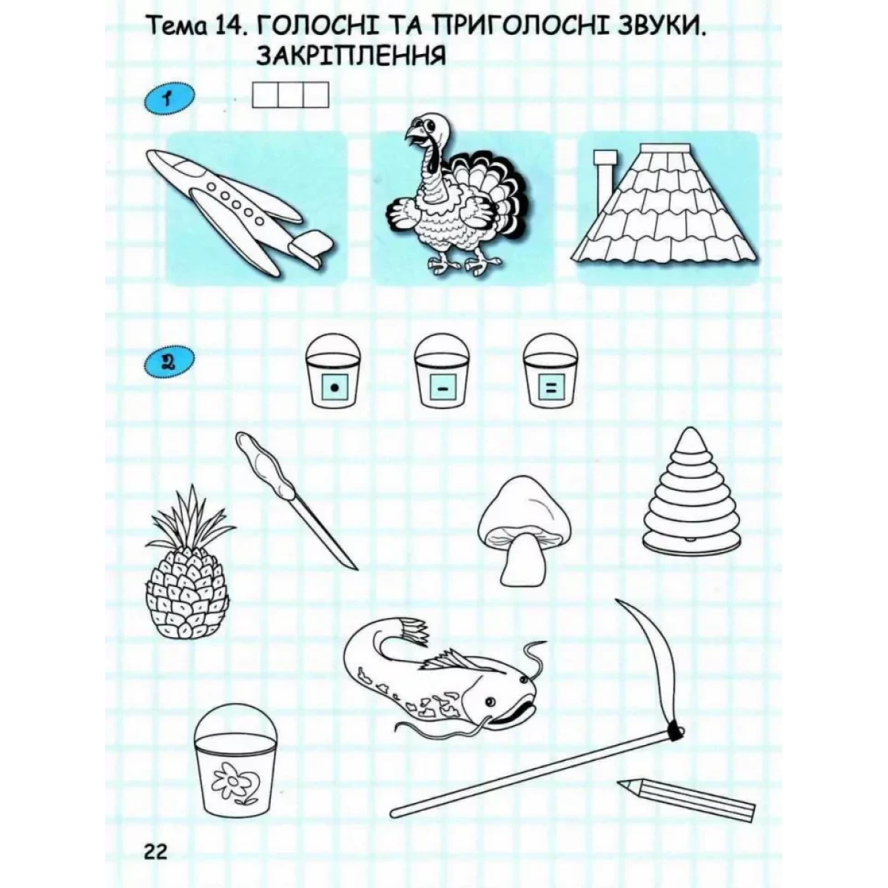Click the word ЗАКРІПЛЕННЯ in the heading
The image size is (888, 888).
[351, 57]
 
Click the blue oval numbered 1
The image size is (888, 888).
[169, 98]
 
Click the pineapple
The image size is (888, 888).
[189, 565]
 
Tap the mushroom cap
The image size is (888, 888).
[524, 508]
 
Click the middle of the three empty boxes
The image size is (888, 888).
[291, 95]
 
